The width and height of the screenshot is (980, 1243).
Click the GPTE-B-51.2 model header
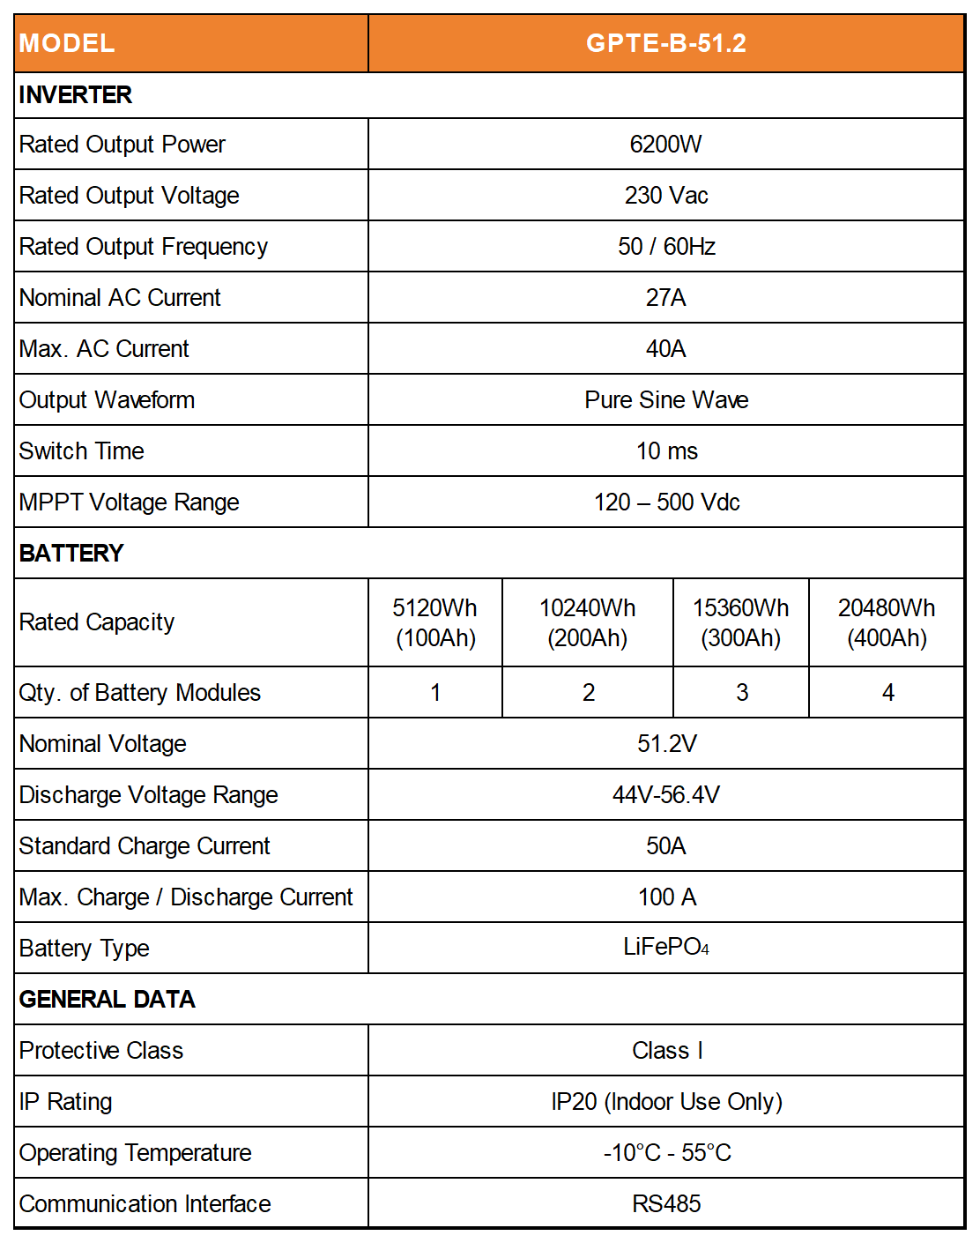[665, 43]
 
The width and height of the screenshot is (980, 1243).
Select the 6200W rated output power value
[665, 144]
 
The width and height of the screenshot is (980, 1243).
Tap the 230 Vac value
[665, 195]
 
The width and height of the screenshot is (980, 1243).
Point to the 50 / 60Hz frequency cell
[665, 246]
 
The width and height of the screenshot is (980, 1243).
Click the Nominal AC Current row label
[120, 298]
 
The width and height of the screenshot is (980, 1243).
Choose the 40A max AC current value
[665, 349]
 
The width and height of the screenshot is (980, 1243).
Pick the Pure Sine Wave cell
[665, 400]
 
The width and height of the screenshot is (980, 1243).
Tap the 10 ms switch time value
[665, 451]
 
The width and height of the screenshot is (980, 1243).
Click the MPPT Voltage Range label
[130, 502]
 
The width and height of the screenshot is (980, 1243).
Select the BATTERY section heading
[71, 554]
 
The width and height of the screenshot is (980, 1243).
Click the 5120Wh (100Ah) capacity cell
[435, 622]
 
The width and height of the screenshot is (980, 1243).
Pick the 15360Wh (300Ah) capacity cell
[740, 622]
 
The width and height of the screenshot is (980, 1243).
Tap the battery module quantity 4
[887, 693]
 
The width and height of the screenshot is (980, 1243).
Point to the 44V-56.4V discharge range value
[665, 795]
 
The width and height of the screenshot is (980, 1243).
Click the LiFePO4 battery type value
[665, 948]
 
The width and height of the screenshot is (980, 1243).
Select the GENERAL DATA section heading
[108, 1000]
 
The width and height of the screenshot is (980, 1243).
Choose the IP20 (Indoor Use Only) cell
[665, 1102]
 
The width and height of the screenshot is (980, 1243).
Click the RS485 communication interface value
[665, 1204]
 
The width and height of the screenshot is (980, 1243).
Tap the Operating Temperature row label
[136, 1153]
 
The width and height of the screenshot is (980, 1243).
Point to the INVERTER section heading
[76, 95]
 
